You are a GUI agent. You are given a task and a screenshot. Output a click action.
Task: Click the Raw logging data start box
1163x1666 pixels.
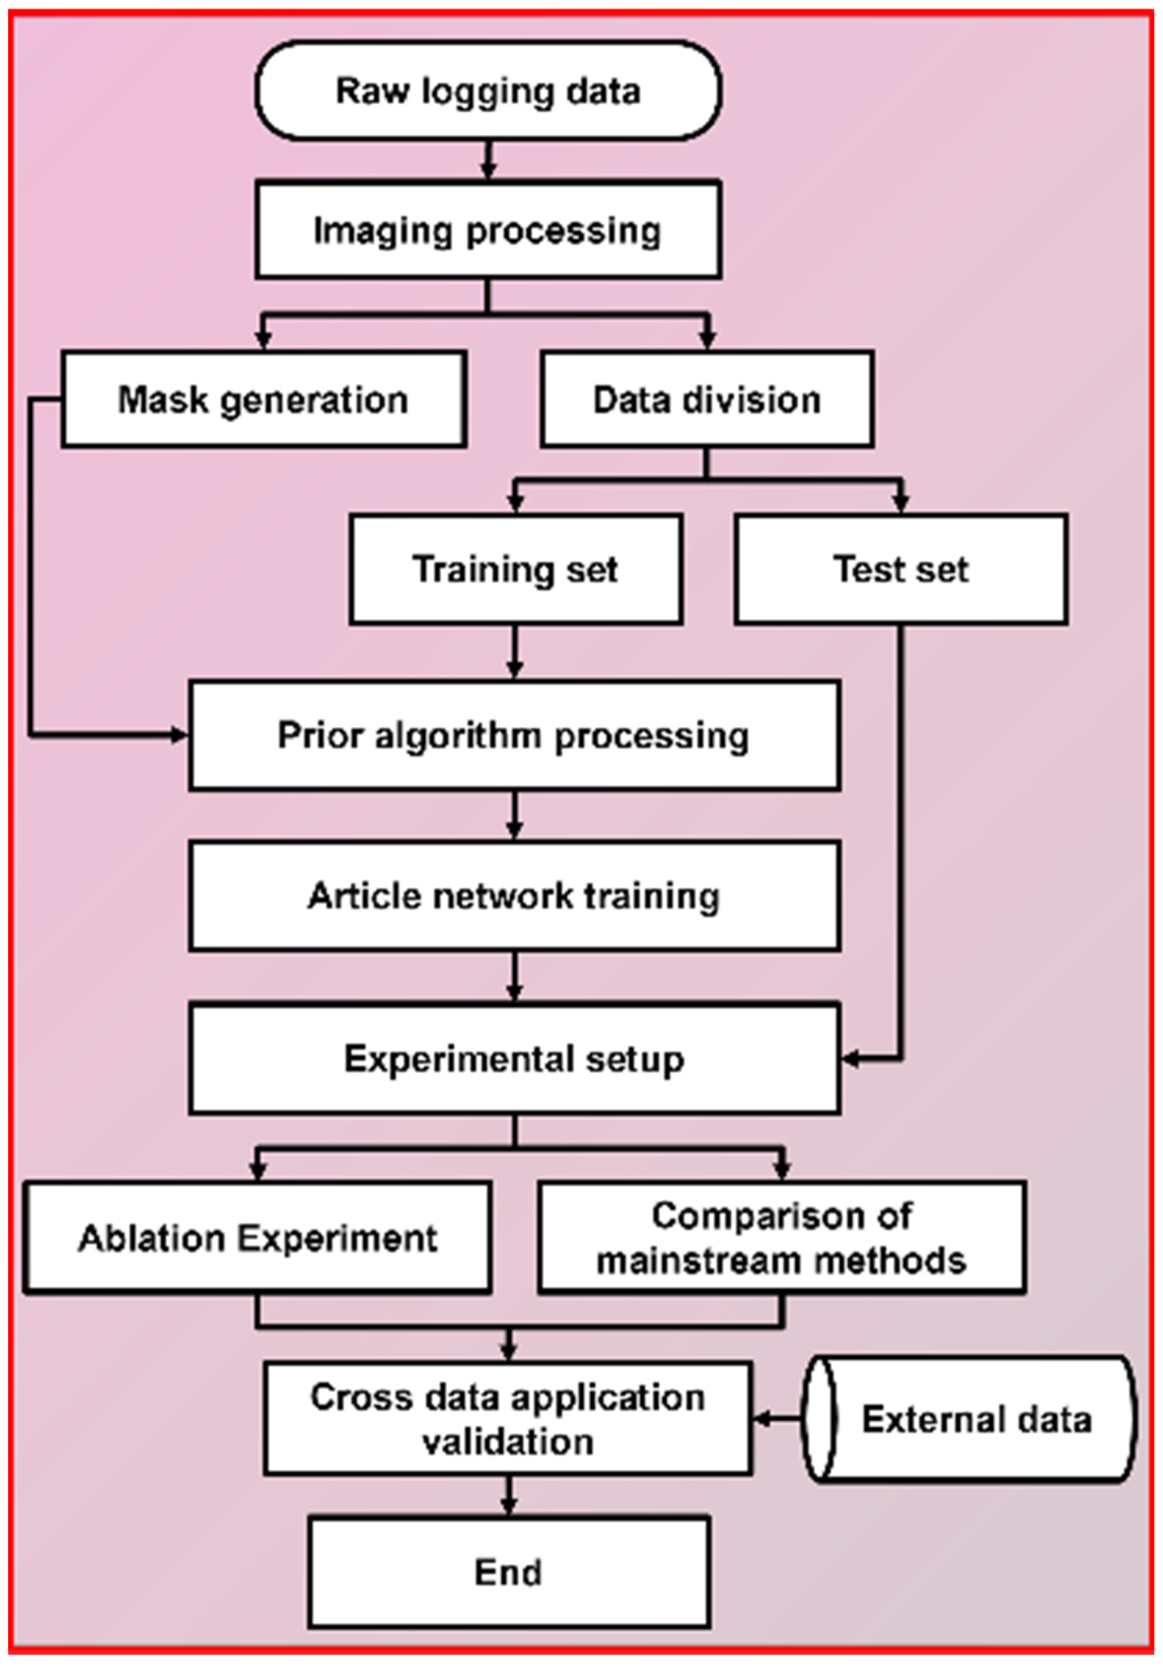click(488, 90)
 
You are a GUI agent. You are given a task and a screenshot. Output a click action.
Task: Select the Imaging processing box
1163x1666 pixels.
click(488, 230)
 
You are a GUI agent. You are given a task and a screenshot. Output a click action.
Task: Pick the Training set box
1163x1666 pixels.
click(516, 569)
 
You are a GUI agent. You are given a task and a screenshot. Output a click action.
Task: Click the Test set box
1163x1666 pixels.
click(901, 569)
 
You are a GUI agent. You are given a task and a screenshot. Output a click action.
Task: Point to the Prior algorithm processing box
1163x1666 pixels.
click(515, 735)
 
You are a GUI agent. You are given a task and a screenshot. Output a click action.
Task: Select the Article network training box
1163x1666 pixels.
click(515, 895)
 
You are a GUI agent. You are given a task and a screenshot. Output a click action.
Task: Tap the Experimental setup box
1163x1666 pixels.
click(515, 1059)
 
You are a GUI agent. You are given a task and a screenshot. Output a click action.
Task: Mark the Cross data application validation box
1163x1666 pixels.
click(508, 1419)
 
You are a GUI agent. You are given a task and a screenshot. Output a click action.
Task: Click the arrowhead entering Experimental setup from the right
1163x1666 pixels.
click(850, 1059)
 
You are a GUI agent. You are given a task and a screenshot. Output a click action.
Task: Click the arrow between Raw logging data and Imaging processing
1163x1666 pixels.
click(488, 160)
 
